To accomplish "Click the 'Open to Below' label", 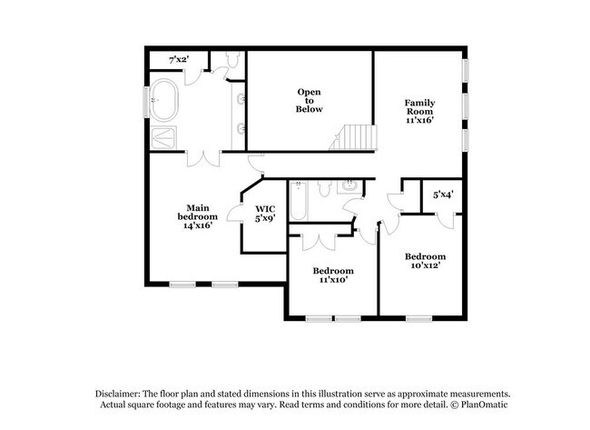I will pyautogui.click(x=309, y=100).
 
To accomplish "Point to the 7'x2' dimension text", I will pyautogui.click(x=177, y=59).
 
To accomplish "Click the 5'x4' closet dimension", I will pyautogui.click(x=443, y=194).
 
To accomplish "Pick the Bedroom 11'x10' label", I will pyautogui.click(x=333, y=275).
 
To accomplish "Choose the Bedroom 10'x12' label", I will pyautogui.click(x=425, y=262).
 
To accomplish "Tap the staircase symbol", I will pyautogui.click(x=351, y=137).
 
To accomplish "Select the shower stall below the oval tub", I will pyautogui.click(x=165, y=136).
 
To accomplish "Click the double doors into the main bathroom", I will pyautogui.click(x=202, y=158).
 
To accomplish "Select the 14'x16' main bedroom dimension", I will pyautogui.click(x=198, y=227).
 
